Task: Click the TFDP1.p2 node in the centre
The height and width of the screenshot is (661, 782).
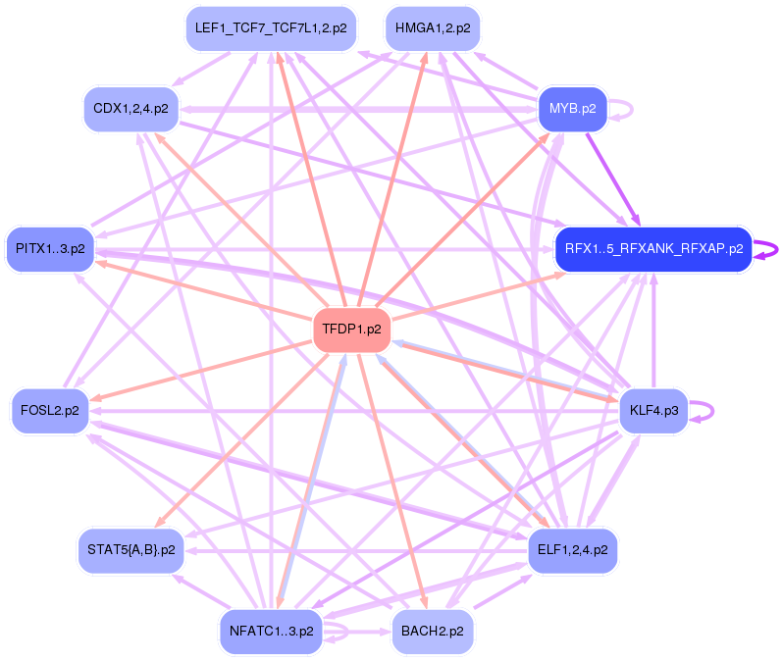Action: (351, 330)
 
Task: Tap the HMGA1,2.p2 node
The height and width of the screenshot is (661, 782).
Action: (432, 28)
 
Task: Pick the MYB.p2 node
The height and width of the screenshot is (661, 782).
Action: (573, 108)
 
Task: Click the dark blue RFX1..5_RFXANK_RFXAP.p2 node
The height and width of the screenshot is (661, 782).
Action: (652, 249)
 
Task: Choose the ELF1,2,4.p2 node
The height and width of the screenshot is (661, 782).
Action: (572, 550)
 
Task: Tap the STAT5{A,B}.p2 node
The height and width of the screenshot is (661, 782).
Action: (130, 550)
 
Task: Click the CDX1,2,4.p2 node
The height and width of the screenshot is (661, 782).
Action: (130, 108)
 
